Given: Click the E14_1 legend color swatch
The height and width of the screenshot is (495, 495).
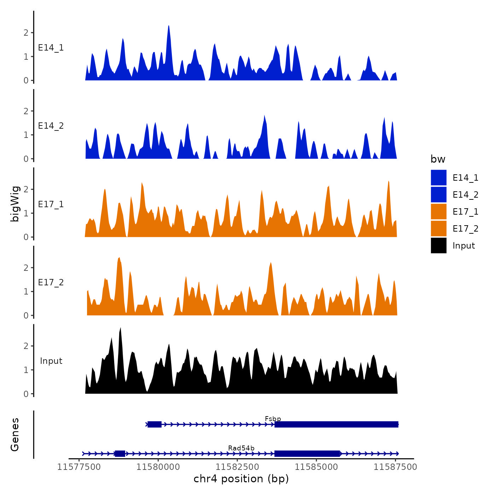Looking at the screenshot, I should [x=438, y=177].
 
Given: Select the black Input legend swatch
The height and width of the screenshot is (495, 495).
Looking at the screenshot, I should [x=438, y=245].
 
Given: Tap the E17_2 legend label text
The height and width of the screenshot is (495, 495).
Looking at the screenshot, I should [x=465, y=229].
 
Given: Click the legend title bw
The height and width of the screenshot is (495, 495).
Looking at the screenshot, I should [x=438, y=159].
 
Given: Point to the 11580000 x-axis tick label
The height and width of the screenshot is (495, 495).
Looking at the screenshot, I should [x=158, y=467].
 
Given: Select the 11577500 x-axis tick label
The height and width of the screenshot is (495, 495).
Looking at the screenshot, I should [x=79, y=467].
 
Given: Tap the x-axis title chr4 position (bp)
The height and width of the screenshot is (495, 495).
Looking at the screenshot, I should [x=241, y=479].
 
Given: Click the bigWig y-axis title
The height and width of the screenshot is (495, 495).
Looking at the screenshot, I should [x=15, y=204].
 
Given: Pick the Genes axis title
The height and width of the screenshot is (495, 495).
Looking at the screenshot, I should [x=15, y=435].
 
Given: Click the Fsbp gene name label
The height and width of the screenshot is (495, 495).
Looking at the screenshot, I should [x=273, y=419].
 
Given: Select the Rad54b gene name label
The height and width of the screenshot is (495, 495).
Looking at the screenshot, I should [x=241, y=448].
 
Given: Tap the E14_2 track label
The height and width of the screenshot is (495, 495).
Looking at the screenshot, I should [x=51, y=126].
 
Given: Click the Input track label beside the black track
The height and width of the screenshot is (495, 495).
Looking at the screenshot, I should [x=51, y=361].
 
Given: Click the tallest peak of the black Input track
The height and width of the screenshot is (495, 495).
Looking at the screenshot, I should [x=121, y=329].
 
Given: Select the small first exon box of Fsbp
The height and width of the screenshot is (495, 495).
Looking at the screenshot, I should [x=155, y=424].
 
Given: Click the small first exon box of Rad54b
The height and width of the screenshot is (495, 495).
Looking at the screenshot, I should [x=120, y=454].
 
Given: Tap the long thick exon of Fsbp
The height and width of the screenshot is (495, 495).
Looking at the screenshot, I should [x=336, y=424].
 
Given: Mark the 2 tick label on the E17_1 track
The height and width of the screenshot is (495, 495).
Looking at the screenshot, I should [x=26, y=189].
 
